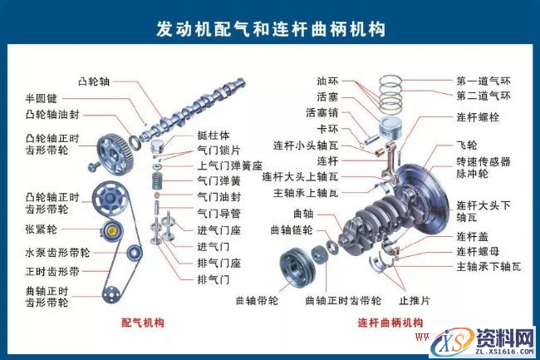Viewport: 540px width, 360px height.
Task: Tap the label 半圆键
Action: [x=41, y=98]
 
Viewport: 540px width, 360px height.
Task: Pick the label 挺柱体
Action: [x=213, y=136]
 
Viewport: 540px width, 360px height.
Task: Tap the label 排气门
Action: [x=212, y=278]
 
